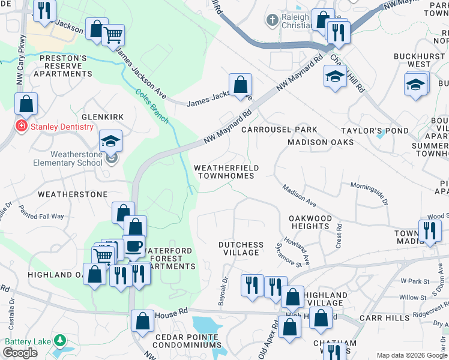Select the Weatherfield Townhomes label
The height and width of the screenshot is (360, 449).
(x=226, y=172)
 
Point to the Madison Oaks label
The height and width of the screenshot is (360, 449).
(x=321, y=142)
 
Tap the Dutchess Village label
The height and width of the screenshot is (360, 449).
(x=241, y=248)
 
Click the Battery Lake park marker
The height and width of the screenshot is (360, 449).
(x=59, y=341)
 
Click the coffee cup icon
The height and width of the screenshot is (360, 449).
(x=133, y=245)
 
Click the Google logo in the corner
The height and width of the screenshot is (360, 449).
(x=20, y=353)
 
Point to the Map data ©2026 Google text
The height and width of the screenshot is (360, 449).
(x=411, y=355)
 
